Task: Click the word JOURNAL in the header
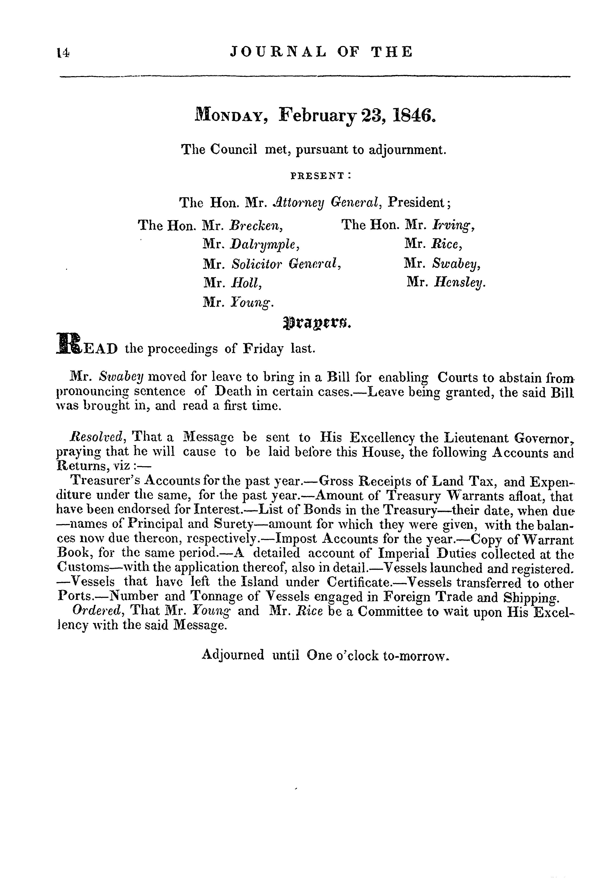pos(278,52)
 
